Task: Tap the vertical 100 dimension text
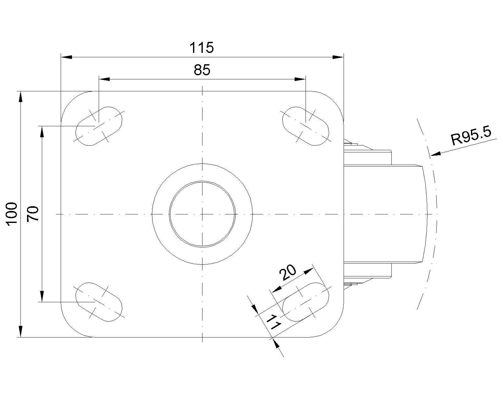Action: click(x=12, y=214)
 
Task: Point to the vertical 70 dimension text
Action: click(x=33, y=214)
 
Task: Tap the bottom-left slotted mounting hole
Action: click(x=99, y=302)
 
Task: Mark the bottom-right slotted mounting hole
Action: click(x=306, y=302)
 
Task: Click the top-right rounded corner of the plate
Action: click(x=335, y=100)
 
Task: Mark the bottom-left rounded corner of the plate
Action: click(x=70, y=328)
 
